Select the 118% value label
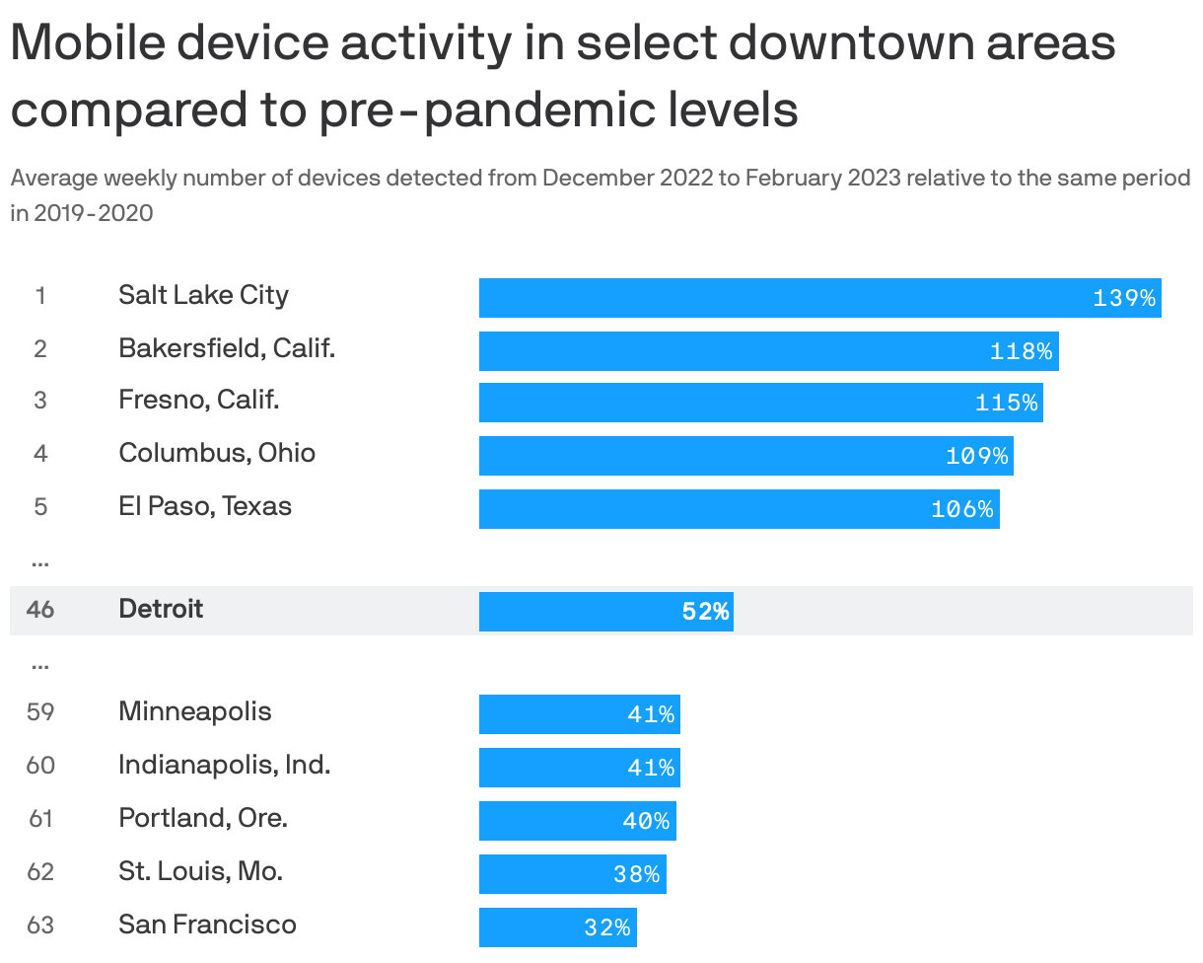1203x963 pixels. coord(1021,351)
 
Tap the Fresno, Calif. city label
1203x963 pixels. coord(199,400)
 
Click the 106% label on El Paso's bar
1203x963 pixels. coord(961,509)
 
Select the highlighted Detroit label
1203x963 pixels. coord(161,609)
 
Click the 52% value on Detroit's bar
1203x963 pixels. coord(705,612)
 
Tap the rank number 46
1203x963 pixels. coord(40,610)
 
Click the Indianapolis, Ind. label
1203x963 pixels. coord(224,765)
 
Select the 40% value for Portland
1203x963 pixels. coord(646,821)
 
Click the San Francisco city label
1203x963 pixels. coord(207,925)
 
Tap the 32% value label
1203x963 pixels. coord(606,927)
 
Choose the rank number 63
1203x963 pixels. coord(40,926)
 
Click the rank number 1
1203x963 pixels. coord(40,296)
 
